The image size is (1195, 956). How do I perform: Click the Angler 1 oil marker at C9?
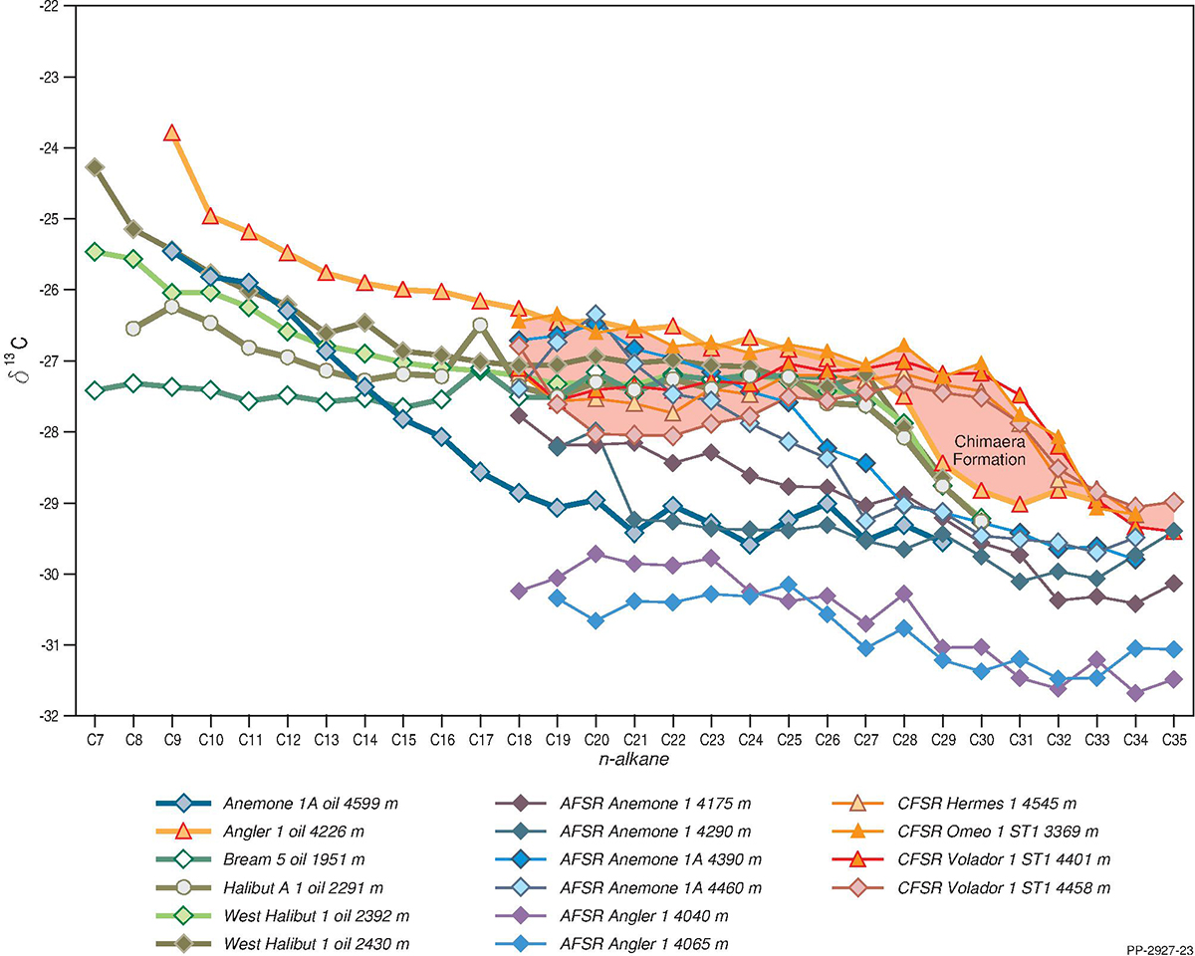tap(171, 132)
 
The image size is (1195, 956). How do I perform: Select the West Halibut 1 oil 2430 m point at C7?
tap(95, 166)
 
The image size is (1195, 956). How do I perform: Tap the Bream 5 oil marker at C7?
tap(95, 390)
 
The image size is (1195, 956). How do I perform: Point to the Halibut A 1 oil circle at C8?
tap(133, 328)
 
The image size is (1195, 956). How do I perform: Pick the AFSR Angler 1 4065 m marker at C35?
tap(1173, 649)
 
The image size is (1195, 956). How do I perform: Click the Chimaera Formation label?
tap(990, 450)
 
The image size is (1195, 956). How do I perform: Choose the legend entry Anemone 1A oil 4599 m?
tap(289, 804)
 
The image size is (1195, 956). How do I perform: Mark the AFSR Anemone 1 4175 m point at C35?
tap(1173, 584)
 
